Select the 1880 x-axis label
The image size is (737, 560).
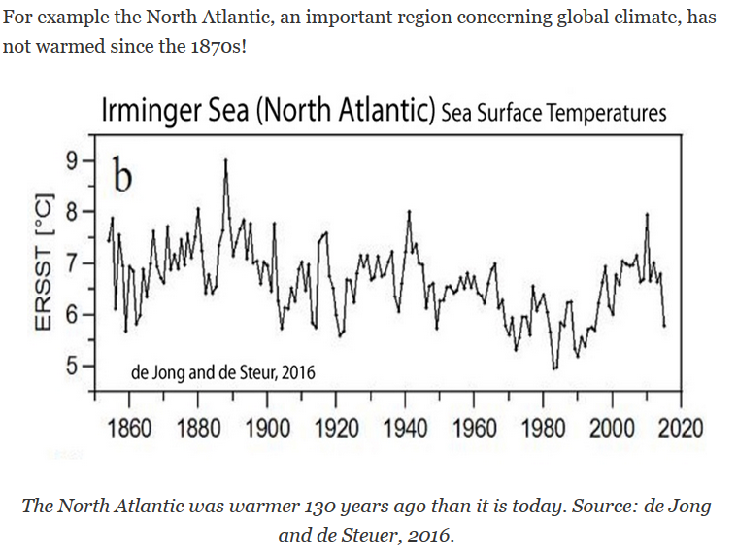coord(198,429)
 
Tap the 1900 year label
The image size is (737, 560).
coord(267,429)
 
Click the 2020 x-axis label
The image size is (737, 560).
coord(680,429)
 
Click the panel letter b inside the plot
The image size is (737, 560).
coord(121,176)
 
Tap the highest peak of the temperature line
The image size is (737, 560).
coord(226,160)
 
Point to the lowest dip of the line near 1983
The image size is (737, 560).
coord(554,368)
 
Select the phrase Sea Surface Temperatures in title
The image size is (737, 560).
coord(553,113)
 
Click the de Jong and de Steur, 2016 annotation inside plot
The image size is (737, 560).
coord(222,371)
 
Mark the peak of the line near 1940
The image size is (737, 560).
coord(409,211)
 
